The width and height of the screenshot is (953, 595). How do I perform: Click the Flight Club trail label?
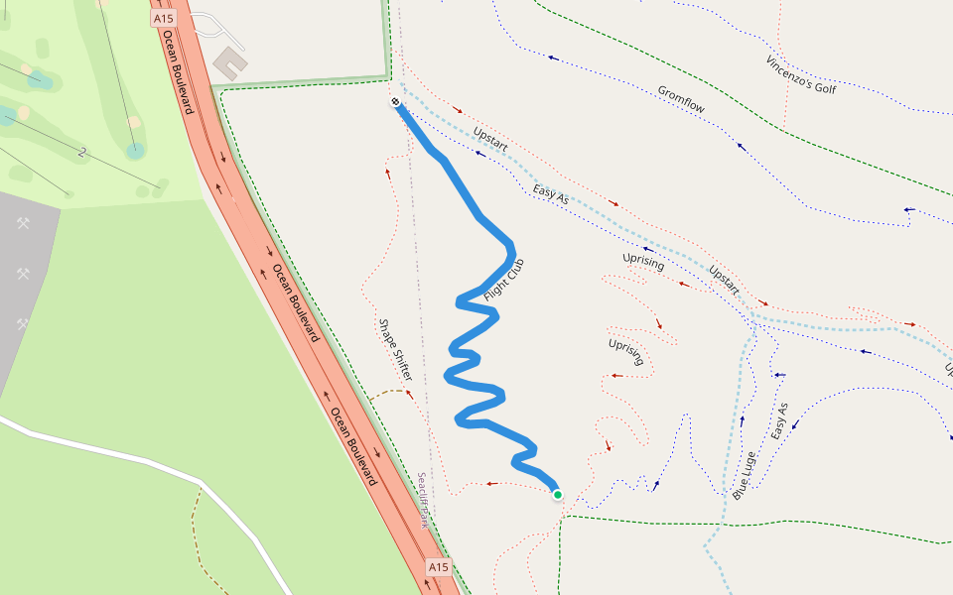(503, 281)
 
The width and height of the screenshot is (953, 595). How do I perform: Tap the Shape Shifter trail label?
(394, 350)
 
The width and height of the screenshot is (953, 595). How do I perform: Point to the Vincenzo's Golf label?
(801, 74)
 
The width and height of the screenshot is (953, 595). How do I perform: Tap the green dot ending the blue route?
(558, 495)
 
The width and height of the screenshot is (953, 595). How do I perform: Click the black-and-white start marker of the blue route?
(395, 102)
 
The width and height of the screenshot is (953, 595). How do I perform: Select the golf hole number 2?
(81, 153)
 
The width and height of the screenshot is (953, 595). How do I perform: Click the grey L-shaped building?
(230, 62)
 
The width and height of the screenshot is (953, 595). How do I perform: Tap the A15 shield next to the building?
(164, 19)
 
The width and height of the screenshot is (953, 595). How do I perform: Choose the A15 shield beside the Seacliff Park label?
(439, 566)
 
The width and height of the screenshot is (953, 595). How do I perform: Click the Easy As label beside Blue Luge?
(779, 421)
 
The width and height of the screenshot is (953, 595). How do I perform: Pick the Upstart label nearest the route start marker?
(490, 139)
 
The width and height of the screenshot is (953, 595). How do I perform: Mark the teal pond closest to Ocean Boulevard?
(135, 151)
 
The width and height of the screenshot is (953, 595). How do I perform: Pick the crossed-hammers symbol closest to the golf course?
(23, 223)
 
